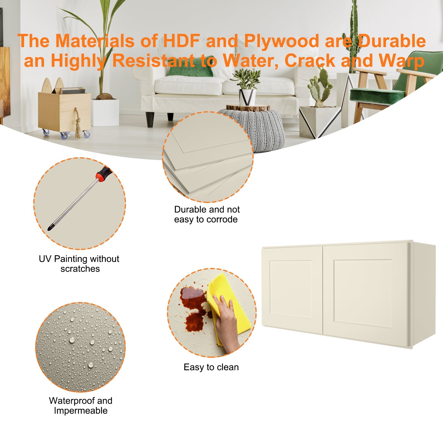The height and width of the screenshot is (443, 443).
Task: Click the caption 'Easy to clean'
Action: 211,367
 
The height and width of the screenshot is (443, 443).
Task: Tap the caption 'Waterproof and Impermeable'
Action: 81,406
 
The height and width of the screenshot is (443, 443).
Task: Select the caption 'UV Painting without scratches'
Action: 79,264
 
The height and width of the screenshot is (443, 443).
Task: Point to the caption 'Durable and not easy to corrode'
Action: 207,214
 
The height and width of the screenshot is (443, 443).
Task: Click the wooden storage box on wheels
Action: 65,111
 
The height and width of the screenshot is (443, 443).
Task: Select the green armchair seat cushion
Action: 377,96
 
